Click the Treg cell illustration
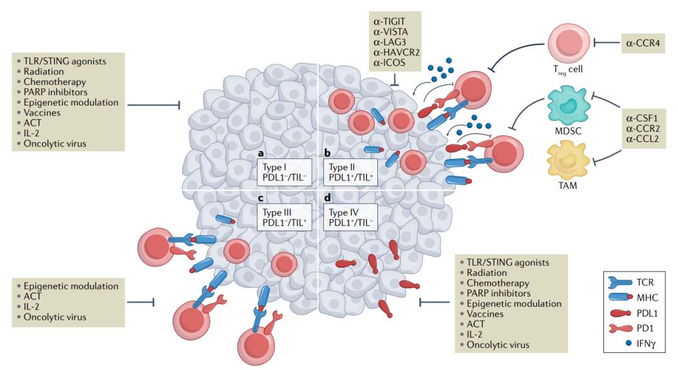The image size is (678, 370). [569, 43]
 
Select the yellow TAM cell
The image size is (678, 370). [568, 160]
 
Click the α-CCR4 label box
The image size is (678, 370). [643, 43]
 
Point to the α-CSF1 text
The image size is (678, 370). [642, 118]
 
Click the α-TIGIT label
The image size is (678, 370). [389, 21]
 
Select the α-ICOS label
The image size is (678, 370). [389, 62]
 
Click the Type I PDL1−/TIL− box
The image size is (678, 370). [284, 172]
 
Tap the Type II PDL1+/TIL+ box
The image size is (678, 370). [351, 172]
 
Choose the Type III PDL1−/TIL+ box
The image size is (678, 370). [284, 218]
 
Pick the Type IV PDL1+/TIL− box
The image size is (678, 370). [351, 218]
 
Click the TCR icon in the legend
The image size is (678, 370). [620, 283]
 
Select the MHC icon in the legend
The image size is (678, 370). [620, 297]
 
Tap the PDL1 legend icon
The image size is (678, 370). [621, 313]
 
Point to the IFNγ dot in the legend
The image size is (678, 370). [628, 343]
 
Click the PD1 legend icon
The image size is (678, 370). [621, 329]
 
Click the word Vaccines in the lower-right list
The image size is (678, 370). [485, 313]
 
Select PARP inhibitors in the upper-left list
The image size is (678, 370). [55, 92]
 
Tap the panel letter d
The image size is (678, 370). [327, 198]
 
